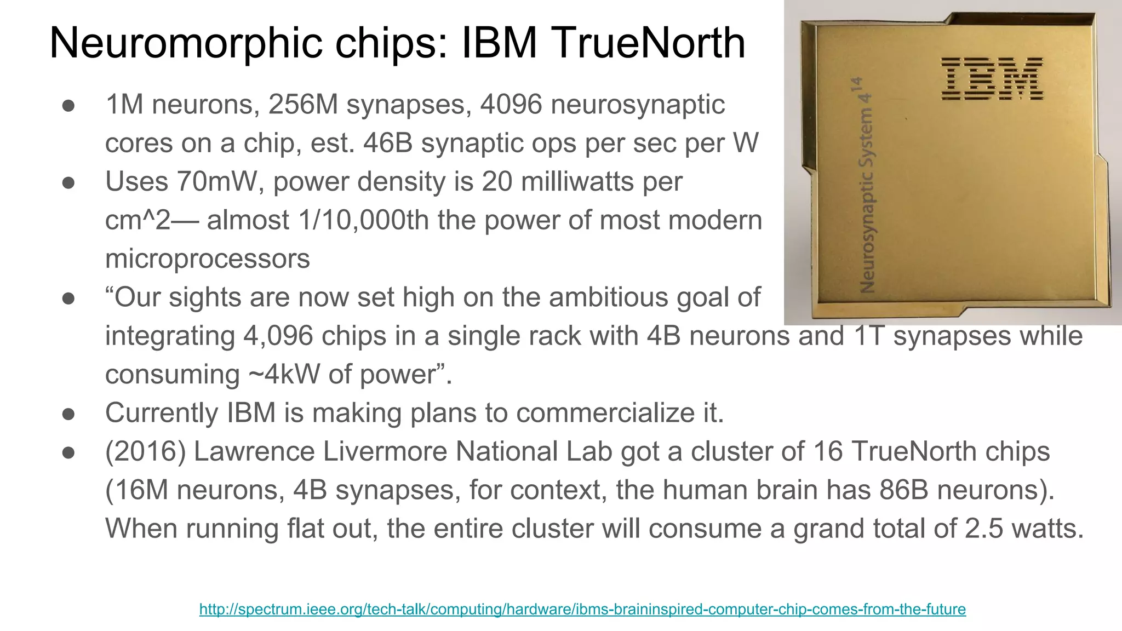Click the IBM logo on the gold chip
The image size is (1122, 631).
pyautogui.click(x=992, y=79)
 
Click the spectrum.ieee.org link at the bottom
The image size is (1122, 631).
pyautogui.click(x=582, y=609)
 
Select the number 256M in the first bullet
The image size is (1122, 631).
pyautogui.click(x=303, y=105)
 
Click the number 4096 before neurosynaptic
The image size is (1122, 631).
pyautogui.click(x=511, y=105)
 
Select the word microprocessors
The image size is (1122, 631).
pyautogui.click(x=207, y=259)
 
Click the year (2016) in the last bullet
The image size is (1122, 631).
pyautogui.click(x=146, y=452)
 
